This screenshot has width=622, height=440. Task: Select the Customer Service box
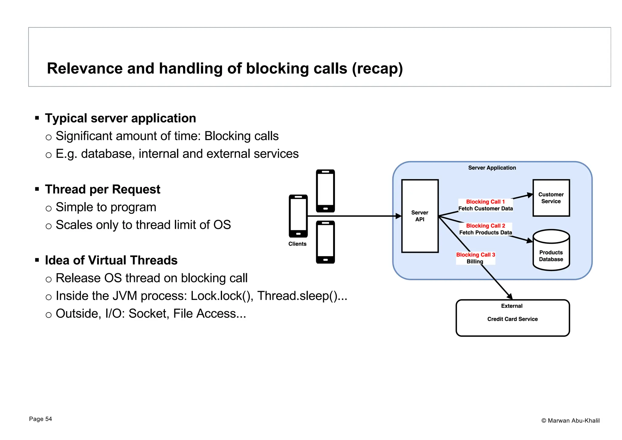(x=551, y=198)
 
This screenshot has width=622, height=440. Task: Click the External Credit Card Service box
(x=513, y=318)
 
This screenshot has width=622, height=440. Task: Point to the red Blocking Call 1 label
(x=485, y=202)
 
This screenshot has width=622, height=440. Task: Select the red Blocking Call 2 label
(x=485, y=226)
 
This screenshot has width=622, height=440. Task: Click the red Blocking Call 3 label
(x=476, y=255)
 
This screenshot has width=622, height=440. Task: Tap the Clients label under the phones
(x=297, y=244)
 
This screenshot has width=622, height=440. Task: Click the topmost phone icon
(x=325, y=191)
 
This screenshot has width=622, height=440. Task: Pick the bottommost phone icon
(x=325, y=242)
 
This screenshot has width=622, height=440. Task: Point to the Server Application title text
(x=492, y=168)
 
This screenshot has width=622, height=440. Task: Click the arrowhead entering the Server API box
(x=398, y=216)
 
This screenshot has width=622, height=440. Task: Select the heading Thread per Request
(x=103, y=189)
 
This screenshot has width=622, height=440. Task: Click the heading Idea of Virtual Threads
(x=111, y=260)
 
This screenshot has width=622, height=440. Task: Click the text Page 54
(x=40, y=419)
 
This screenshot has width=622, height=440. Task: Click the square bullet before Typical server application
(x=37, y=118)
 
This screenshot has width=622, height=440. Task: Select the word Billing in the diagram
(x=475, y=262)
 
